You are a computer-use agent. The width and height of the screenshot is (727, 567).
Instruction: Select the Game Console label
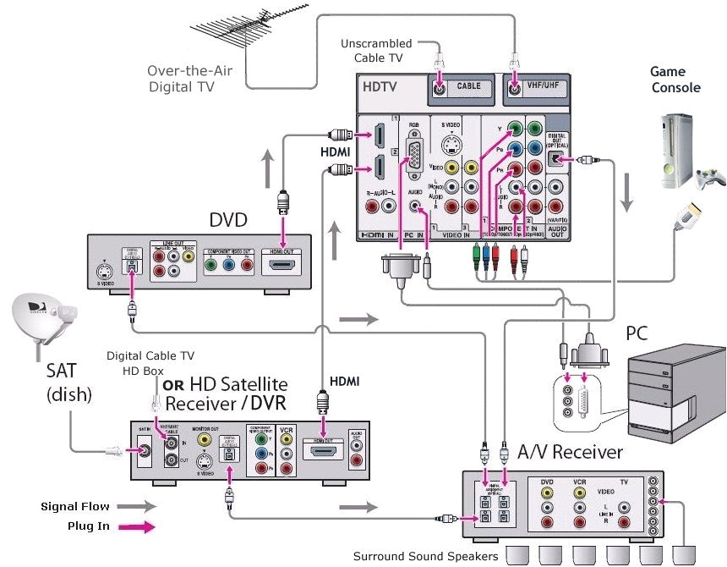(675, 80)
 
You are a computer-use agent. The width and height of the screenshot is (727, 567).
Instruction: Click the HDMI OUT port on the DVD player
(284, 266)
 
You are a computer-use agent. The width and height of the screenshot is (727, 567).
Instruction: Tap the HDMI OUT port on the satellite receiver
(322, 451)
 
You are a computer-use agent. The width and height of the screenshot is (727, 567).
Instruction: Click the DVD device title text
(228, 221)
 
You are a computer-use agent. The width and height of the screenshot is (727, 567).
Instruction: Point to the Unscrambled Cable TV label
(376, 50)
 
